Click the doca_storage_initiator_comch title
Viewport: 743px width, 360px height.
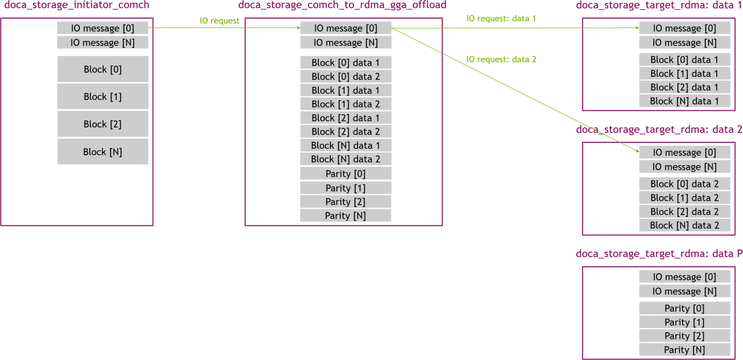tap(76, 6)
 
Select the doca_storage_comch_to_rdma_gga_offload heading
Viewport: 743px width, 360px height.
tap(342, 6)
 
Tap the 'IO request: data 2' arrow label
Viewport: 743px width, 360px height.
tap(501, 59)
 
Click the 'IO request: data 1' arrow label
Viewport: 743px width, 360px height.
tap(501, 19)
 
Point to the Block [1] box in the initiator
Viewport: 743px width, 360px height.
tap(103, 96)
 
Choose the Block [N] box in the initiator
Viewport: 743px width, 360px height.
tap(103, 152)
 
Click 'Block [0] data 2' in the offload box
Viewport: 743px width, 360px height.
tap(346, 76)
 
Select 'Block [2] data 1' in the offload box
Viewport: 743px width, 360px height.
tap(346, 118)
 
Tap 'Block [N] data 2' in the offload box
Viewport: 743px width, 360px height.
tap(346, 159)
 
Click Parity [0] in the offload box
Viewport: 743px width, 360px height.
tap(346, 174)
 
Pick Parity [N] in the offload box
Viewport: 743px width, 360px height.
tap(346, 216)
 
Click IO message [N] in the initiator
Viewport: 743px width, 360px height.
tap(103, 43)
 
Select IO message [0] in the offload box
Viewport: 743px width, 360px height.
tap(346, 28)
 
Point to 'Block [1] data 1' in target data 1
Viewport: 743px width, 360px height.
tap(685, 74)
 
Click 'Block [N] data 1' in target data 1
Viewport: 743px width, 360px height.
tap(685, 101)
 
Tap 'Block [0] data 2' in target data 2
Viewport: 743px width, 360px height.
tap(685, 184)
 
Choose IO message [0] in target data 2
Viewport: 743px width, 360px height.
tap(685, 153)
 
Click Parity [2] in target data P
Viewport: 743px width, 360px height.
tap(685, 336)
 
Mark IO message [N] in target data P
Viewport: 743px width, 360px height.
tap(685, 291)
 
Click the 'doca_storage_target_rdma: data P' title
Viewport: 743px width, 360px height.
tap(659, 254)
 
